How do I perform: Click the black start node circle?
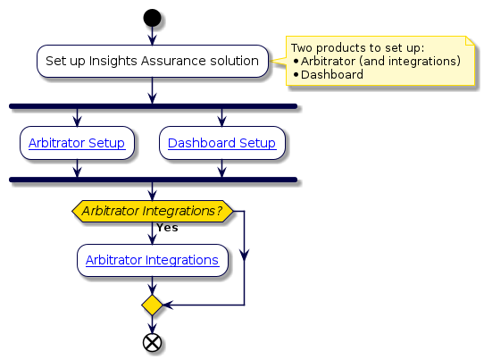152,17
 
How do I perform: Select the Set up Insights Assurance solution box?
152,61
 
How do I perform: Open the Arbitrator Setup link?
77,142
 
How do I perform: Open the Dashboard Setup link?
221,142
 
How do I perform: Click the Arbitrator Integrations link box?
152,260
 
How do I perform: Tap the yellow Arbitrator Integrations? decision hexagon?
152,211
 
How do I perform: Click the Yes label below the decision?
166,228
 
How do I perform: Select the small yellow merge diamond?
152,306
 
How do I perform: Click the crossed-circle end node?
152,342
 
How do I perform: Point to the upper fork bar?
152,105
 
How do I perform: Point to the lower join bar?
152,180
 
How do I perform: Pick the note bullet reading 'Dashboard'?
332,74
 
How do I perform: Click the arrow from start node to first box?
152,36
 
